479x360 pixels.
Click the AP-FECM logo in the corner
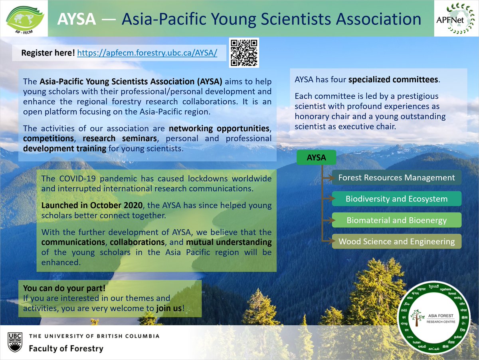24,18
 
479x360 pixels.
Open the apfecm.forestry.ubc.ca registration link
147,53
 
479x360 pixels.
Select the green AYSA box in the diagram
316,158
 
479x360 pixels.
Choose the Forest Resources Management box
396,178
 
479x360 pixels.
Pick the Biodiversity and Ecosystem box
396,199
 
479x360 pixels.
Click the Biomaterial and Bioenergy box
396,220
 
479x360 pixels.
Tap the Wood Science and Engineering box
396,241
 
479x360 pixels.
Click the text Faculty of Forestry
66,348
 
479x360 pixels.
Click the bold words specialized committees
393,80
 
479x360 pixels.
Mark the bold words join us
169,308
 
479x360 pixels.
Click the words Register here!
48,53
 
